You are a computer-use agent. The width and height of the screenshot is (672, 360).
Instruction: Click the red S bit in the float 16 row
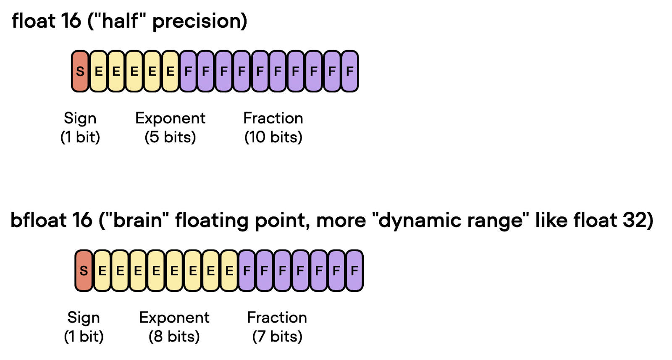click(80, 71)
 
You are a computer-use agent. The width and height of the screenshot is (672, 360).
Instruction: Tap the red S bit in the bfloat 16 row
click(84, 271)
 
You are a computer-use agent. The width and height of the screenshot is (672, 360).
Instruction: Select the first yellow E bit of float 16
click(98, 71)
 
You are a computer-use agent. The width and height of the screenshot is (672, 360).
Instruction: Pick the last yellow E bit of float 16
click(170, 71)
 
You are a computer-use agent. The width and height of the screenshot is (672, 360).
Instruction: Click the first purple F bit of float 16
click(188, 71)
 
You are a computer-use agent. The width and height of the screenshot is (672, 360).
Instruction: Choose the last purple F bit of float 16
click(349, 71)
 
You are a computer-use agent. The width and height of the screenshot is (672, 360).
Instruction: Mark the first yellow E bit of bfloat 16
click(102, 271)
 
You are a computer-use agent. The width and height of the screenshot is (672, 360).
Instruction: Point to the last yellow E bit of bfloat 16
click(229, 271)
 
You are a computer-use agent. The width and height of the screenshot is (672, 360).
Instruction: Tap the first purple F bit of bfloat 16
click(247, 271)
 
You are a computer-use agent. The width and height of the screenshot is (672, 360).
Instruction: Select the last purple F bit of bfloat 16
click(354, 271)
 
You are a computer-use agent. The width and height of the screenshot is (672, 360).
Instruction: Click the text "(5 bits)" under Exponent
click(170, 137)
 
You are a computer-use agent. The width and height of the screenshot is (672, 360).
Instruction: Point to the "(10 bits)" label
click(273, 137)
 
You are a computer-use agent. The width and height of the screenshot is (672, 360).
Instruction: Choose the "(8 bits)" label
click(174, 336)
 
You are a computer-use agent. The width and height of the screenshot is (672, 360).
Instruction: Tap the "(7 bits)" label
click(277, 336)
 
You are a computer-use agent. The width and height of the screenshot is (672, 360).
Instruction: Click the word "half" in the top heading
click(120, 21)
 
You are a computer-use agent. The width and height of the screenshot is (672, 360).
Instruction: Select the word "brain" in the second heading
click(137, 220)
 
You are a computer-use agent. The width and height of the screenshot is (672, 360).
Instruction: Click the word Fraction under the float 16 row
click(273, 118)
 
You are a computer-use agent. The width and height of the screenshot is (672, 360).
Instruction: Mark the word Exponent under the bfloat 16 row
click(174, 318)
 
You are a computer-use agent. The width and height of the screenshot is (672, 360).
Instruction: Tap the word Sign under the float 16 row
click(80, 118)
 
